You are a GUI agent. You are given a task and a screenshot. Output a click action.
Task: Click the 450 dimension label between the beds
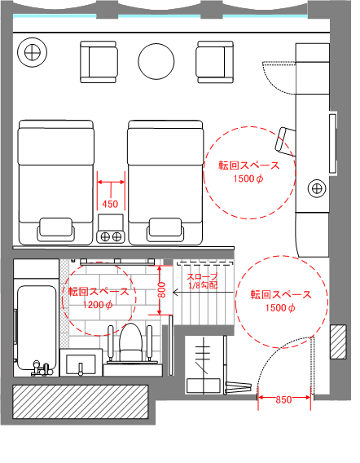click(x=110, y=204)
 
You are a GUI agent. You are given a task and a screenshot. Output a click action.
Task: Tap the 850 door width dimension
click(x=283, y=399)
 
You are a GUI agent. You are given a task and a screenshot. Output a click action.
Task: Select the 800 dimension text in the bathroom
click(x=162, y=289)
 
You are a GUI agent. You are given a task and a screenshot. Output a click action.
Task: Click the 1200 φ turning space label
click(x=98, y=305)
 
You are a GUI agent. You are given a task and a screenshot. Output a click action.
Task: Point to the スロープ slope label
click(x=203, y=276)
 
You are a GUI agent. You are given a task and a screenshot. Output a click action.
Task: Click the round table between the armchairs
click(x=156, y=61)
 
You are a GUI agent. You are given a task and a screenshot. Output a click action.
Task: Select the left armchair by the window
click(x=99, y=62)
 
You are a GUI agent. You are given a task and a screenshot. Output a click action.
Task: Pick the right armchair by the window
click(x=215, y=62)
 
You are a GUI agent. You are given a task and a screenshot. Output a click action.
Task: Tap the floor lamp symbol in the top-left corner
click(x=32, y=53)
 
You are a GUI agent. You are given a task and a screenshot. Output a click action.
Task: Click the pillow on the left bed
click(x=55, y=229)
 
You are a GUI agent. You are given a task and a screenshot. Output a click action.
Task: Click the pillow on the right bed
click(x=165, y=229)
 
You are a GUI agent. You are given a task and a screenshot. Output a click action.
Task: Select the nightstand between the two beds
click(x=110, y=229)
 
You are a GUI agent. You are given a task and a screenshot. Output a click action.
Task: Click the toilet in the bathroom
click(x=130, y=342)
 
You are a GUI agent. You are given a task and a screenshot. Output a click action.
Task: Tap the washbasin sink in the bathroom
click(x=81, y=363)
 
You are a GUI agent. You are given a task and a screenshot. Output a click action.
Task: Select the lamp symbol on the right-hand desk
click(x=317, y=188)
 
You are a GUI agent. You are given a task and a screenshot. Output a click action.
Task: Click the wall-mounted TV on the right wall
click(x=333, y=143)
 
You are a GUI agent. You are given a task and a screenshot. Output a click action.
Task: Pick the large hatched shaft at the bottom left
click(x=81, y=402)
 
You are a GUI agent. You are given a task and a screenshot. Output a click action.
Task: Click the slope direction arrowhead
click(x=175, y=293)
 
